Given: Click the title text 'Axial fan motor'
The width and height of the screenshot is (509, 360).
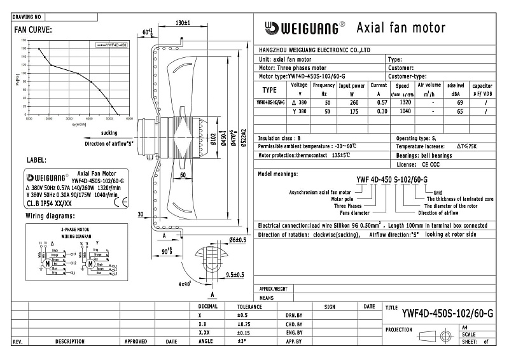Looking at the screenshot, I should point(401,27).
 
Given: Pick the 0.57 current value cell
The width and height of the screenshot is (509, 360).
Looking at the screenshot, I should point(379,102).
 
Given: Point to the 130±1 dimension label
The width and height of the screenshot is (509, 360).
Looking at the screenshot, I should point(183,23).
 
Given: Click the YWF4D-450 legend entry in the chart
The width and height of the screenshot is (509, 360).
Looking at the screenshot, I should point(114,45).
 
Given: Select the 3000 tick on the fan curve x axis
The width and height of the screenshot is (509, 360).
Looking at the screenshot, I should point(68,118).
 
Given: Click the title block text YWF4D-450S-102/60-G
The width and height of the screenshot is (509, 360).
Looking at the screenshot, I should point(447,312).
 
